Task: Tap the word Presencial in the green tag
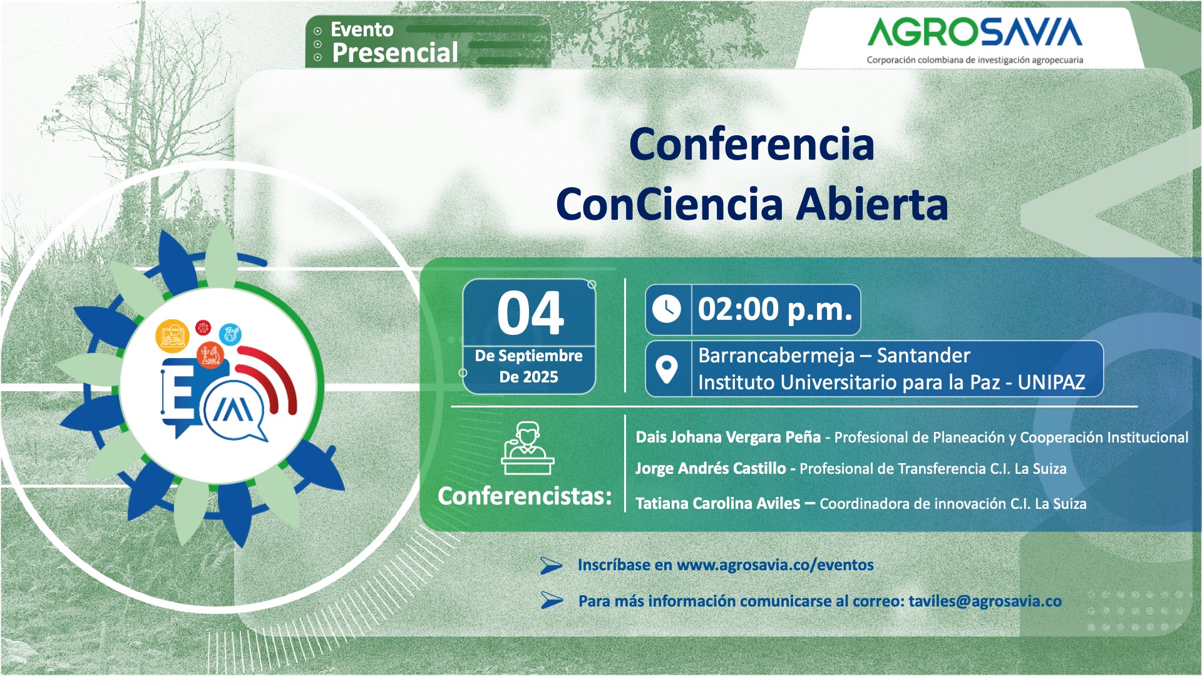coord(395,53)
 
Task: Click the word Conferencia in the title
coord(751,145)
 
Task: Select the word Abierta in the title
coord(872,205)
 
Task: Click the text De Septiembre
coord(528,356)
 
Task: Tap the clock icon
coord(667,309)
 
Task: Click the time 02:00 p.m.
coord(775,309)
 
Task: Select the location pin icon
coord(667,369)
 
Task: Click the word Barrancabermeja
coord(776,356)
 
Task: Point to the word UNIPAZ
coord(1051,382)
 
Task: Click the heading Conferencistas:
coord(525,496)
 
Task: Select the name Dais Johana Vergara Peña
coord(727,437)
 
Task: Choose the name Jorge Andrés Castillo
coord(710,468)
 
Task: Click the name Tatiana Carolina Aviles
coord(717,503)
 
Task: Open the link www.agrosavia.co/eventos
coord(775,565)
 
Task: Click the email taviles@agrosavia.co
coord(985,601)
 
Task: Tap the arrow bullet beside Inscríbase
coord(551,565)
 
